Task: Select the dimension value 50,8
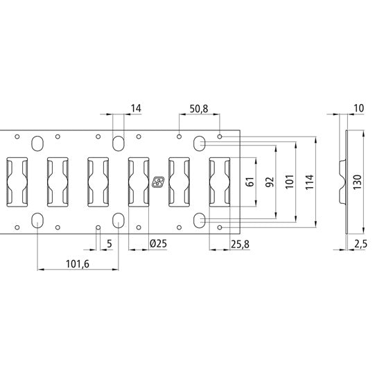coord(199,108)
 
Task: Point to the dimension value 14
coord(135,108)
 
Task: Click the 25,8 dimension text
coord(241,243)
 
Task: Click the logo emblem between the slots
coord(158,182)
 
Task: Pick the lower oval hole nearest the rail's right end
coord(200,220)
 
